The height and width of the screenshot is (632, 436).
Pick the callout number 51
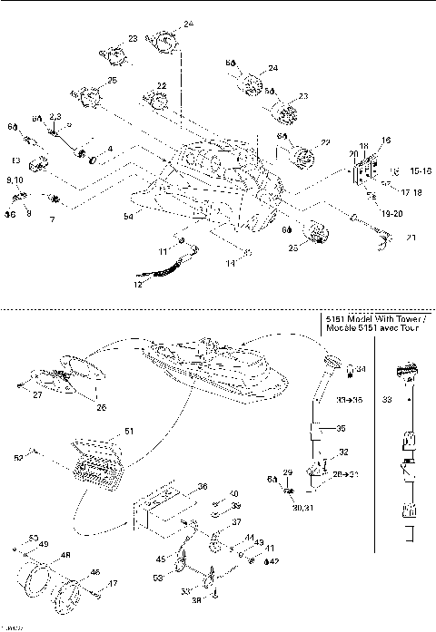coord(128,433)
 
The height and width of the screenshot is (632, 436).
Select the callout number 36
coord(202,485)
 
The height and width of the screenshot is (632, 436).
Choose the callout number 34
coord(360,369)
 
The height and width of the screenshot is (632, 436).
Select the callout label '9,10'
coord(15,181)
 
